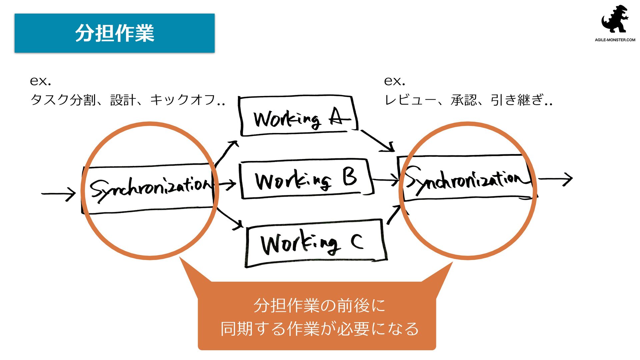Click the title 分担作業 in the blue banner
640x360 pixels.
pos(115,33)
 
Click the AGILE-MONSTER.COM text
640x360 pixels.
pos(615,40)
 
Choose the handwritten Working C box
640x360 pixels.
pos(315,243)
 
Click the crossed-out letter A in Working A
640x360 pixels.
pos(339,117)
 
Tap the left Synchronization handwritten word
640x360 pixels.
pos(150,189)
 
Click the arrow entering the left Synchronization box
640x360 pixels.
pos(59,194)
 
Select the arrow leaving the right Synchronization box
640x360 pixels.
pos(556,179)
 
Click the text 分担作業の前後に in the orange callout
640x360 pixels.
pos(319,305)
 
